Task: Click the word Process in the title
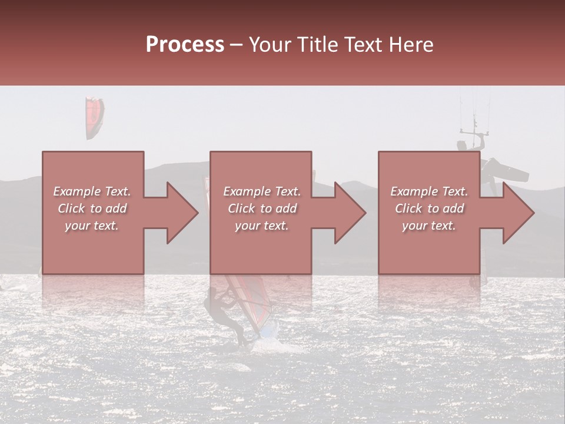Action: point(185,44)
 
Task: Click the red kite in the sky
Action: point(94,118)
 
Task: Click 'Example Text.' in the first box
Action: point(92,191)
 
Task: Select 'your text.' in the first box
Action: point(92,226)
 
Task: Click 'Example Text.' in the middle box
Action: point(262,191)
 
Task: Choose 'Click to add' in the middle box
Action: point(262,208)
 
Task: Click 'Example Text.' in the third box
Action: point(429,191)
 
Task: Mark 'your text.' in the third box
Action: point(429,226)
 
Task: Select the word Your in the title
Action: point(270,45)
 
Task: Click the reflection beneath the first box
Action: point(93,294)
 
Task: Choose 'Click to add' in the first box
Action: point(92,208)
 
